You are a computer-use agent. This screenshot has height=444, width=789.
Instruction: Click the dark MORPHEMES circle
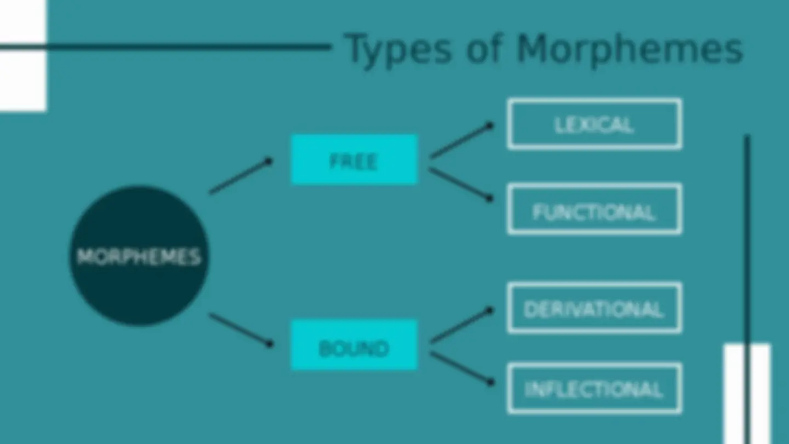click(139, 256)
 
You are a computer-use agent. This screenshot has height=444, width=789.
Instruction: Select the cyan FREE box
click(355, 160)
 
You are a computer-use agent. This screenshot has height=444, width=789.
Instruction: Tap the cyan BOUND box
click(355, 345)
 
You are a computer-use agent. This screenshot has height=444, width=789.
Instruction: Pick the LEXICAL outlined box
click(594, 124)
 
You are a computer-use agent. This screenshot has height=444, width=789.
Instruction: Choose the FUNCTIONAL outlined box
click(594, 209)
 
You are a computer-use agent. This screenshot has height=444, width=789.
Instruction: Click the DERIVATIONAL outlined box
click(594, 308)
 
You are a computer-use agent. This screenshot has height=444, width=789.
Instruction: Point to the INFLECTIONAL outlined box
click(594, 388)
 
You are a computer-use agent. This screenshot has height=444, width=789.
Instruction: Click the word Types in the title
click(398, 50)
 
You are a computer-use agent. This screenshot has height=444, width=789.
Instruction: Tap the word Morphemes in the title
click(630, 49)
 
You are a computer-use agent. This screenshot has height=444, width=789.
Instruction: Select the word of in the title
click(484, 48)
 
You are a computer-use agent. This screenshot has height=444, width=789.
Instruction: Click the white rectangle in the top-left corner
click(23, 56)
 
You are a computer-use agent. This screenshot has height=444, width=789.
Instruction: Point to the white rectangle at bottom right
click(747, 394)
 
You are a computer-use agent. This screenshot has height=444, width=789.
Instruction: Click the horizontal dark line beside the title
click(165, 47)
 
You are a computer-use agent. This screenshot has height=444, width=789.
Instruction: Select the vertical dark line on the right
click(747, 289)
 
